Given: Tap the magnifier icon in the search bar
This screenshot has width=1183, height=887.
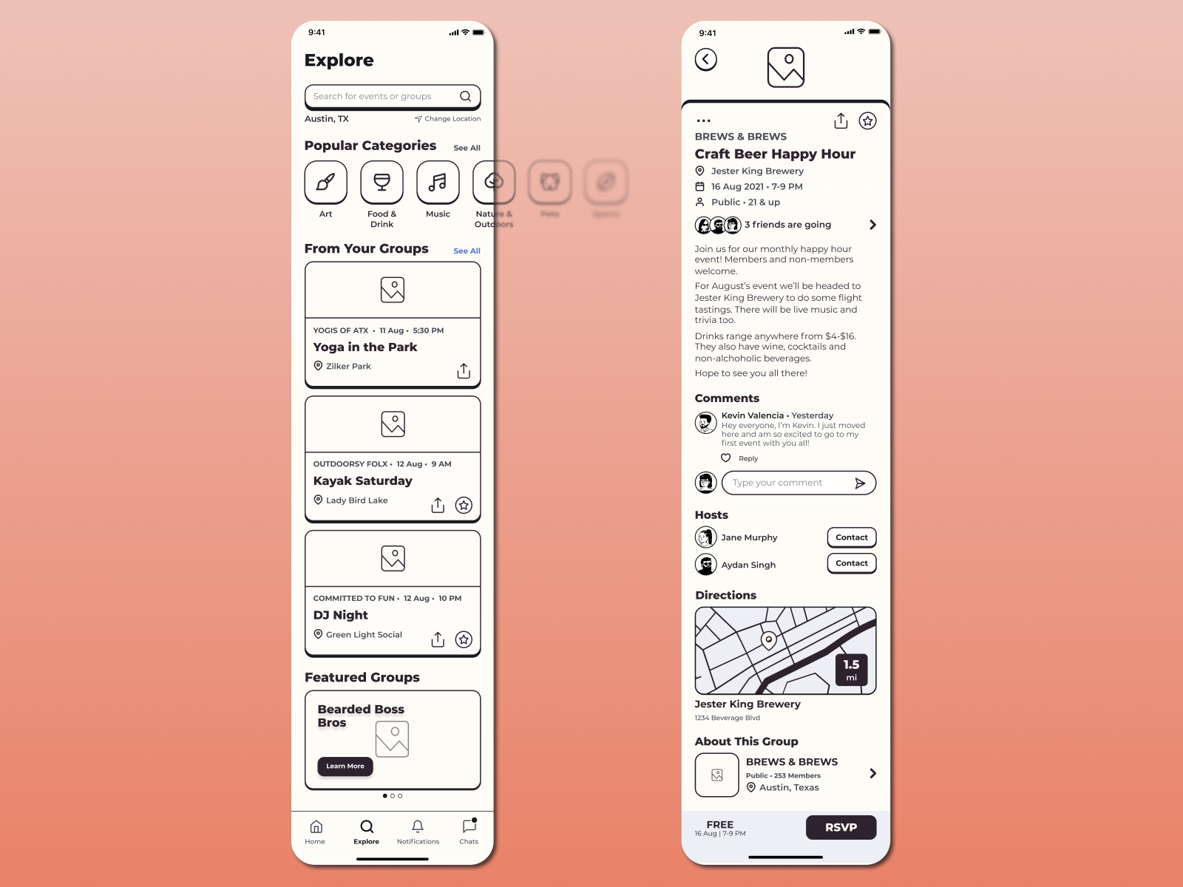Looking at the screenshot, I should tap(465, 96).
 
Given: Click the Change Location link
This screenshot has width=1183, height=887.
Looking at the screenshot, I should tap(448, 119).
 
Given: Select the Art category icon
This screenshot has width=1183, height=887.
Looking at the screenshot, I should tap(326, 182).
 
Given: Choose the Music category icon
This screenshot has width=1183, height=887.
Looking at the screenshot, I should tap(438, 182).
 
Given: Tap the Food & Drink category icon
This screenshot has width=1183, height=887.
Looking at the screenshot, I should tap(382, 182).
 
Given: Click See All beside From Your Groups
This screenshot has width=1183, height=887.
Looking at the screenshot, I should tap(467, 251).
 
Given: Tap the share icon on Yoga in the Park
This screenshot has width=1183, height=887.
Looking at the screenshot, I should tap(464, 370).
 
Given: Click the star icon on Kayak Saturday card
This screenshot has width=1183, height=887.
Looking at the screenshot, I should tap(464, 505).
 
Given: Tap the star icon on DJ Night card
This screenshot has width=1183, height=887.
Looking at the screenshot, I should tap(464, 639).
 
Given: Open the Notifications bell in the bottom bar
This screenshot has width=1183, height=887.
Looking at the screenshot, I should tap(418, 827).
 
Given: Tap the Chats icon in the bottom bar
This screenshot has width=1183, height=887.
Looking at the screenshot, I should tap(469, 826).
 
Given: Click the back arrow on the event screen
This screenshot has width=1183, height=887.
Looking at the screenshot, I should tap(706, 60).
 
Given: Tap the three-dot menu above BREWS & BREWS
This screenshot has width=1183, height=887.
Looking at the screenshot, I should tap(703, 120).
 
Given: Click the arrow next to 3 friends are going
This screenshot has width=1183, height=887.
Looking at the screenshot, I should tap(873, 225).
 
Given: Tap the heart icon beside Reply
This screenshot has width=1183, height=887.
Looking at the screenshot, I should tap(726, 458).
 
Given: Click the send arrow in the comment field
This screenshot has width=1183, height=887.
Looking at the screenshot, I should tap(860, 483).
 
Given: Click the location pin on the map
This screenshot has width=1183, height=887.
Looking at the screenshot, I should tap(769, 640).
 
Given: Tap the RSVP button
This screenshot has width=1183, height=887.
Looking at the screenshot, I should tap(841, 828).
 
